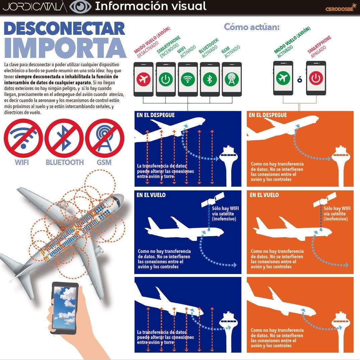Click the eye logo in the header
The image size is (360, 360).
click(80, 7)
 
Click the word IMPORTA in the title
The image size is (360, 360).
click(65, 48)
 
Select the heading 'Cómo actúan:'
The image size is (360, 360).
click(252, 27)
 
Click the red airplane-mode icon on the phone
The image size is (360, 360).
click(143, 79)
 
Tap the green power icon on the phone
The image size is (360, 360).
click(166, 79)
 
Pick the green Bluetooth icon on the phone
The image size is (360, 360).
click(210, 79)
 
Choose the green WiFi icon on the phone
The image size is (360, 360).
click(188, 79)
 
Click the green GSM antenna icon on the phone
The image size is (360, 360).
click(232, 79)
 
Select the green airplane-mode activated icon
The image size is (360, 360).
click(283, 78)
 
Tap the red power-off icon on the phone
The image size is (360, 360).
click(316, 78)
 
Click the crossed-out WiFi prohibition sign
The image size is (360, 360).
click(23, 138)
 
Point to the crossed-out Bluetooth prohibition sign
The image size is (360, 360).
click(64, 138)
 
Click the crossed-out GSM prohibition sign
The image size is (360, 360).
click(104, 138)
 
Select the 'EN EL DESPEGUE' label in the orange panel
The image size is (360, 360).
click(268, 115)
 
